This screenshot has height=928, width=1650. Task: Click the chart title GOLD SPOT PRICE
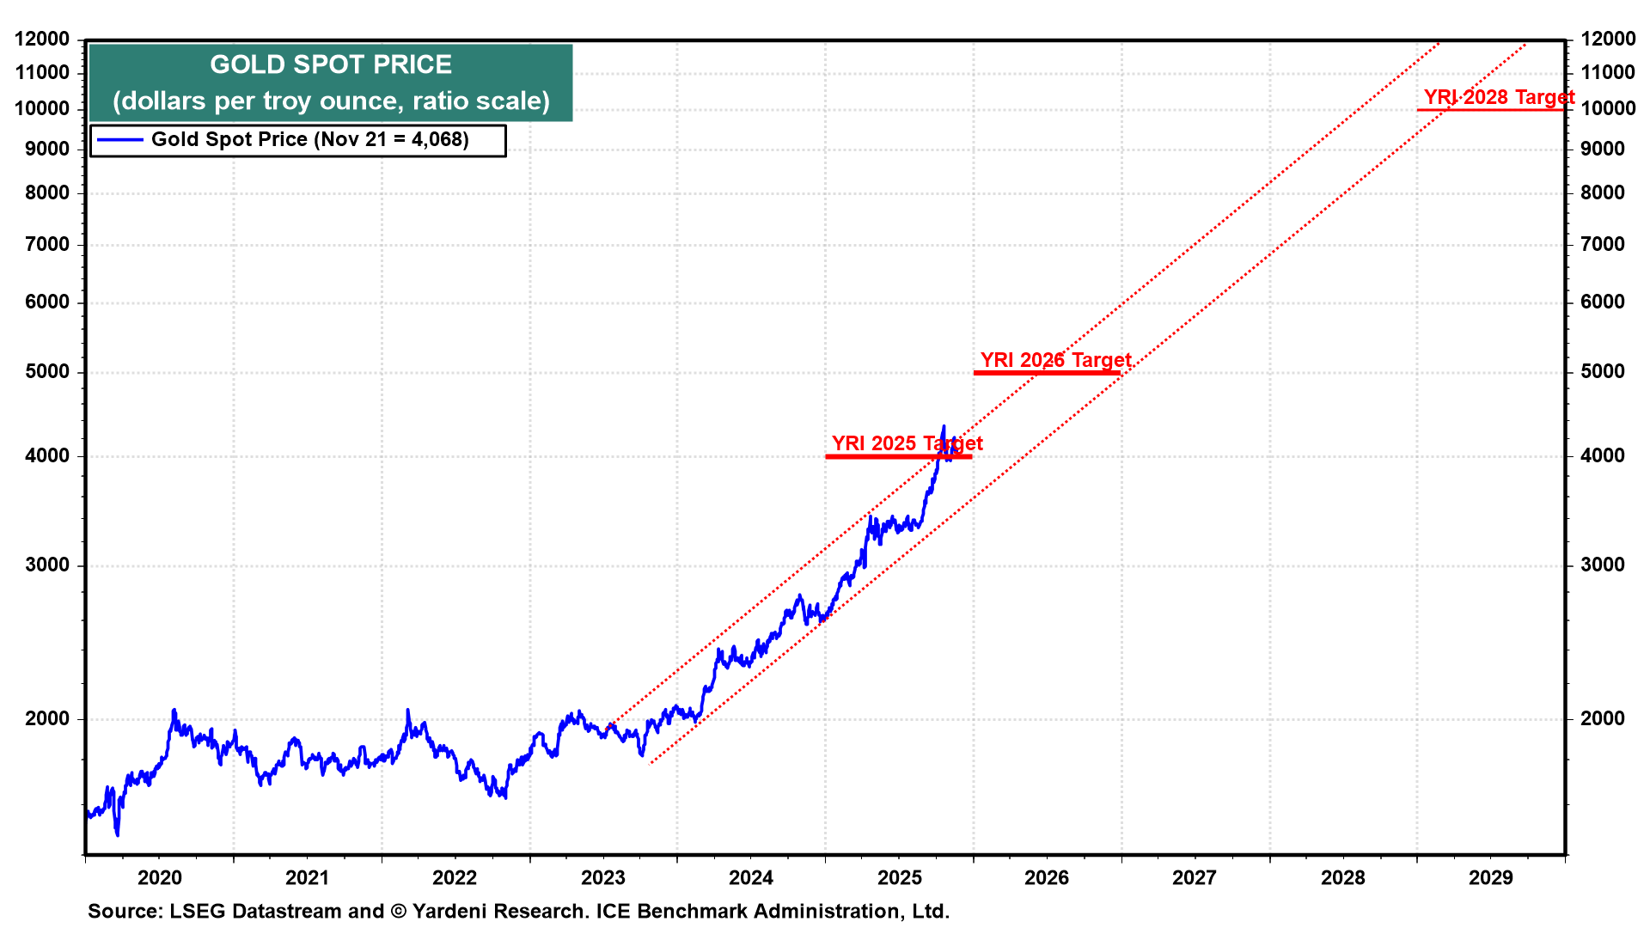point(331,65)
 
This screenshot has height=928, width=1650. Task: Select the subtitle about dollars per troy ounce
point(331,101)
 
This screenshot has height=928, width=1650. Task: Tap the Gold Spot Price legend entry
point(309,140)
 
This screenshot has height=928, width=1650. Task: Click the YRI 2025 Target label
point(907,443)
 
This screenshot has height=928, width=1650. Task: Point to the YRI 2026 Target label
point(1055,360)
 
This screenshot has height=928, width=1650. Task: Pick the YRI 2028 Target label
point(1499,97)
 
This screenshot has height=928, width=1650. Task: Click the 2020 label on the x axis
point(160,877)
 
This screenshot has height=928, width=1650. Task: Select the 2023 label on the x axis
point(603,877)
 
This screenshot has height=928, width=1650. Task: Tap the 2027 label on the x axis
point(1195,877)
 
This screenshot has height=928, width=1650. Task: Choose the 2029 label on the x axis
point(1491,877)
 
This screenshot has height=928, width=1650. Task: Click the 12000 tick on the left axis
point(42,39)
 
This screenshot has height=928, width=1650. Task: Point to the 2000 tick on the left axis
point(47,719)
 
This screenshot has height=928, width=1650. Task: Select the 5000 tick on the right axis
point(1603,372)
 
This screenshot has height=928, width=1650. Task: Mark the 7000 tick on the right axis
point(1603,245)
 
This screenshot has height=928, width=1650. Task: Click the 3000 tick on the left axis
point(47,565)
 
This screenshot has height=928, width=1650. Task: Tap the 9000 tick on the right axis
point(1603,150)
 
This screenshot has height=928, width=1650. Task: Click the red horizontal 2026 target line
point(1047,373)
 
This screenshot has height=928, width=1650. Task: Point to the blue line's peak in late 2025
point(944,427)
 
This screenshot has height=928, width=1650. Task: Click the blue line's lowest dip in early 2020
point(117,833)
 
